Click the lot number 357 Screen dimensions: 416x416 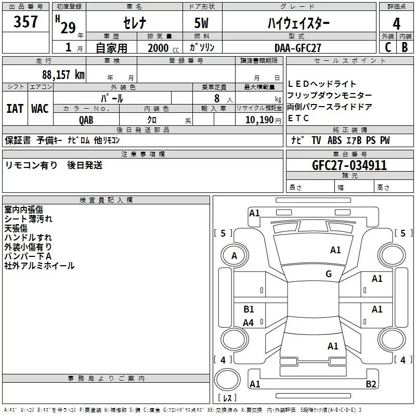[x=25, y=22]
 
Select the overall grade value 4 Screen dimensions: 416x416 [x=397, y=24]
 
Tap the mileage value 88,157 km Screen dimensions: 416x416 [x=63, y=74]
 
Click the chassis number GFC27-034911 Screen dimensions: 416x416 [x=349, y=165]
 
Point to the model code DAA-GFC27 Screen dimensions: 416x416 [x=298, y=47]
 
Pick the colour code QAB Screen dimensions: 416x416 [x=86, y=119]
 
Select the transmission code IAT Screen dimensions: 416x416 [x=15, y=109]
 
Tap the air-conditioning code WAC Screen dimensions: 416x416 [x=40, y=109]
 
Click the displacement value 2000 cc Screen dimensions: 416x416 [x=159, y=48]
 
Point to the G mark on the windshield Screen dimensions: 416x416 [x=329, y=274]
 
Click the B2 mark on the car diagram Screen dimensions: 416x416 [x=371, y=384]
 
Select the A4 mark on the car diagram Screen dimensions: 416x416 [x=249, y=323]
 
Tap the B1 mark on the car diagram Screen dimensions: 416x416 [x=249, y=309]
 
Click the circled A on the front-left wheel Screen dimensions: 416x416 [x=234, y=256]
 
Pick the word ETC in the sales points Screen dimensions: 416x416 [x=298, y=118]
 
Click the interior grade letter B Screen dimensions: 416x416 [x=405, y=47]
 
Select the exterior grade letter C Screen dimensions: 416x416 [x=387, y=47]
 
